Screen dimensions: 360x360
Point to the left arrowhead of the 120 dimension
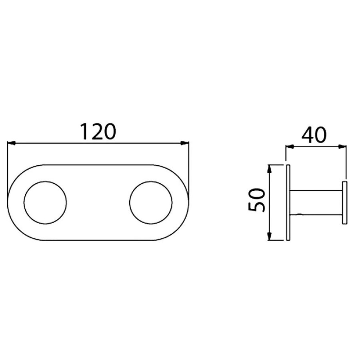coord(12,143)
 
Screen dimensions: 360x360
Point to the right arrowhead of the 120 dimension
coord(185,143)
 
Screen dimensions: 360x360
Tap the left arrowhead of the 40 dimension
coord(290,146)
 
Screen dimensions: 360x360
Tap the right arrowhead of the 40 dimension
coord(342,146)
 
